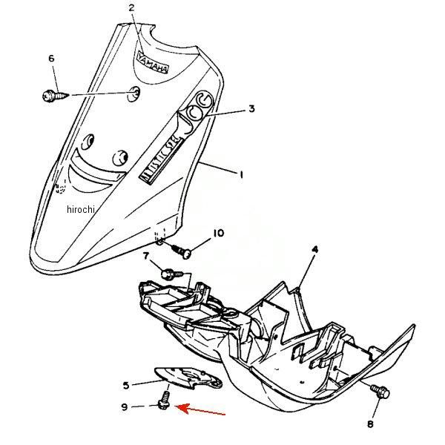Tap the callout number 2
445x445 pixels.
click(131, 8)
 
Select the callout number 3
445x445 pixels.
click(251, 109)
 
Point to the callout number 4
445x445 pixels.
click(314, 250)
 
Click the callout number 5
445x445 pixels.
click(127, 385)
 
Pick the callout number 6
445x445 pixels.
click(51, 58)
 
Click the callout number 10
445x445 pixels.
click(218, 233)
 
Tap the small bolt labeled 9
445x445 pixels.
click(162, 403)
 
